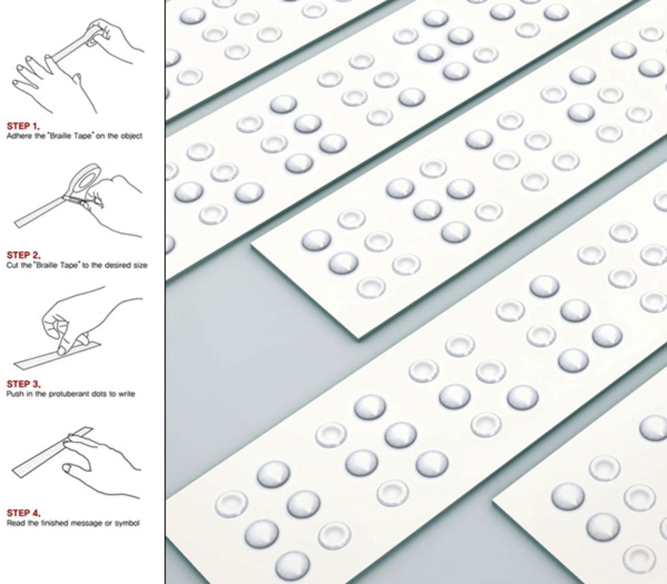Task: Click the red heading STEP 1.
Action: [23, 126]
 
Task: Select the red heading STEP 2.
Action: [23, 255]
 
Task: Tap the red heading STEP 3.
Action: [24, 384]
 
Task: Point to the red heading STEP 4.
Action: [24, 513]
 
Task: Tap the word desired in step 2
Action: [119, 265]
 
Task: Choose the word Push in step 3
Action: [15, 394]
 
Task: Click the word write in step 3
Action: [126, 394]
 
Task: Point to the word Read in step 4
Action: [16, 523]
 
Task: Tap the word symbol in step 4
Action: [127, 523]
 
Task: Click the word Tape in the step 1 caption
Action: [84, 136]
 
